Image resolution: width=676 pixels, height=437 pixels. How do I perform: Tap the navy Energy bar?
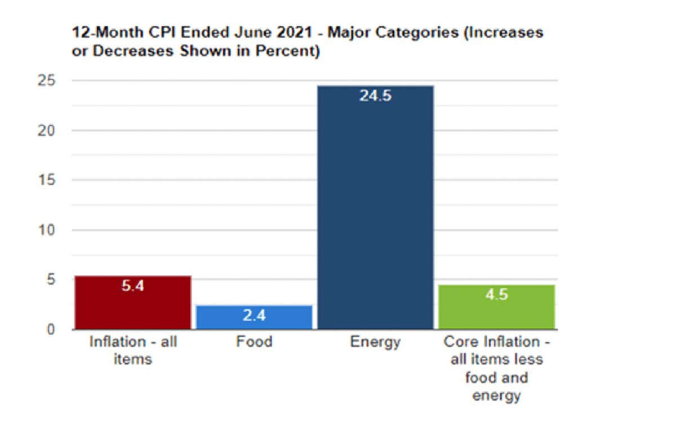(x=376, y=208)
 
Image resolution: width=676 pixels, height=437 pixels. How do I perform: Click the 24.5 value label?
(x=375, y=96)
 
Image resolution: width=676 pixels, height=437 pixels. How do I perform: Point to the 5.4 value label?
(x=133, y=286)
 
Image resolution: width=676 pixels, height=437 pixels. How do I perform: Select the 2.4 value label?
(x=254, y=316)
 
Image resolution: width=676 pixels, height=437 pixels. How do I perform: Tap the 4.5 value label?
(x=496, y=295)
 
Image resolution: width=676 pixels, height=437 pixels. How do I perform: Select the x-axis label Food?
(x=254, y=342)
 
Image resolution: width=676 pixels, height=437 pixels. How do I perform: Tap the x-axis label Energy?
(x=375, y=342)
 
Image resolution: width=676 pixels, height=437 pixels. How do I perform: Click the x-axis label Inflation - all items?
(x=133, y=350)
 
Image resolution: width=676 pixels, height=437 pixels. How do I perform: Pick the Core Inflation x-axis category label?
(x=496, y=368)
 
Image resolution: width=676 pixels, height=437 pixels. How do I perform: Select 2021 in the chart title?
(x=293, y=33)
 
